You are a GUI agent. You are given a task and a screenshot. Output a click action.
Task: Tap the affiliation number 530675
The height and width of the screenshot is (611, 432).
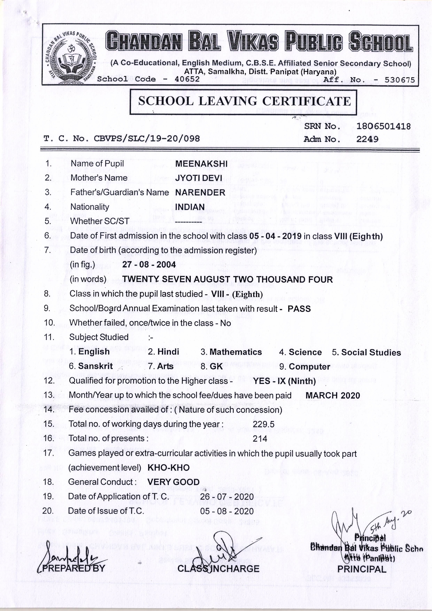[399, 80]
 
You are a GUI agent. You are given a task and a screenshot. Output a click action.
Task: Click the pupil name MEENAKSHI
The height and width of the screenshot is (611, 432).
[201, 164]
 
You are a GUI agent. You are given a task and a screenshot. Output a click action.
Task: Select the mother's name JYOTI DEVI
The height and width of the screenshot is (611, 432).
[199, 178]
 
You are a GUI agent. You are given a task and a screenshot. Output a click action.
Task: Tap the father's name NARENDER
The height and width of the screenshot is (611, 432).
[200, 192]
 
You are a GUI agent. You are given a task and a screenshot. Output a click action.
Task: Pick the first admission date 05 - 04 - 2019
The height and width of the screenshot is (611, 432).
[275, 236]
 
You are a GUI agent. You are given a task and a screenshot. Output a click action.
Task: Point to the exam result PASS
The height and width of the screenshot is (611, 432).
[299, 309]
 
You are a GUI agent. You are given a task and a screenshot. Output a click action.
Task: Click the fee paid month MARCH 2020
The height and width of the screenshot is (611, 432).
[333, 395]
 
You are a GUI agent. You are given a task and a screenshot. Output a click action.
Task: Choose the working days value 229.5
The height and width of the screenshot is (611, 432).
[264, 424]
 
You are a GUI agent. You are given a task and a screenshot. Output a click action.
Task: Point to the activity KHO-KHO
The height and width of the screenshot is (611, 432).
[168, 467]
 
